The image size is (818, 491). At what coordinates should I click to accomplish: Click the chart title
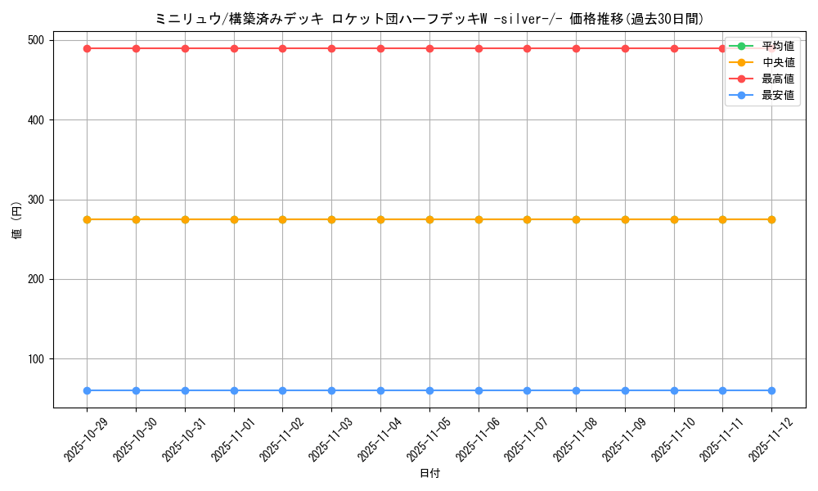tap(429, 19)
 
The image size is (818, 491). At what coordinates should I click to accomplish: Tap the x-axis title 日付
tap(429, 474)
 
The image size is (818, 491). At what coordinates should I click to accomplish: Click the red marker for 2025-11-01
tap(234, 48)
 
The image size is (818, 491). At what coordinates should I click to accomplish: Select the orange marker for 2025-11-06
tap(479, 219)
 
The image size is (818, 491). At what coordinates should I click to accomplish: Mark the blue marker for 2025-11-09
tap(625, 390)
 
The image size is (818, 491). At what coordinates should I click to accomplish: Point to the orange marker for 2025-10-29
tap(87, 219)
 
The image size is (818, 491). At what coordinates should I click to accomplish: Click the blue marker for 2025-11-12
tap(771, 390)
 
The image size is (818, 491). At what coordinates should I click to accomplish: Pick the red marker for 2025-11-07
tap(527, 48)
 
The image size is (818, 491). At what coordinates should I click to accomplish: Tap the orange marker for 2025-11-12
tap(771, 219)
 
